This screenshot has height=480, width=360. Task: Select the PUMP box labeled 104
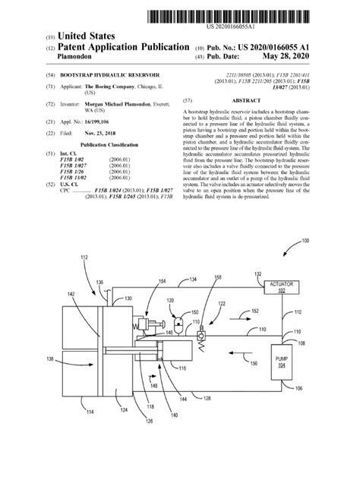tap(283, 363)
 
